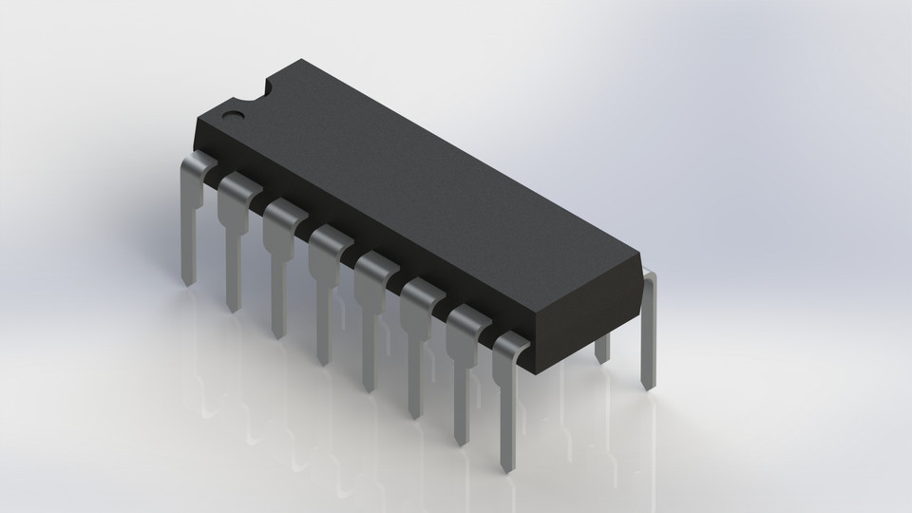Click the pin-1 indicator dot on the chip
pyautogui.click(x=231, y=116)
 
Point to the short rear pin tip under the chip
pyautogui.click(x=601, y=352)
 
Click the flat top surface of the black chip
pyautogui.click(x=418, y=171)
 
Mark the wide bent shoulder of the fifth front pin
pyautogui.click(x=375, y=272)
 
